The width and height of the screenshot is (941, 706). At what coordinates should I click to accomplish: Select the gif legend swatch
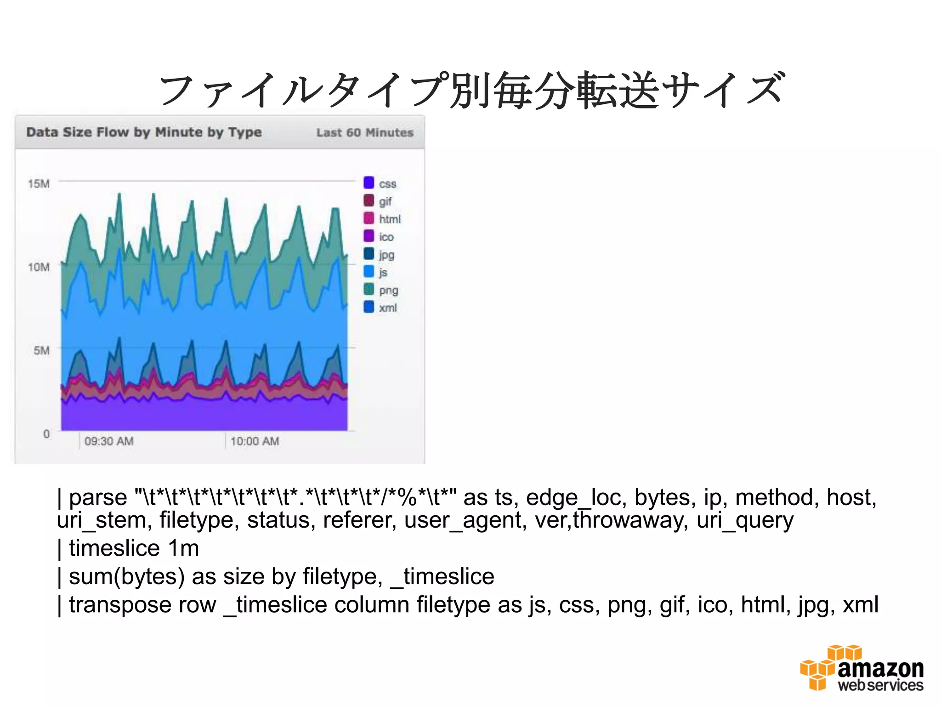pyautogui.click(x=368, y=201)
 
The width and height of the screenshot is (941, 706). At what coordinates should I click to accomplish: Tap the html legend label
pyautogui.click(x=390, y=219)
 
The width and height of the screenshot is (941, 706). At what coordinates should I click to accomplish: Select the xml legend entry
pyautogui.click(x=380, y=307)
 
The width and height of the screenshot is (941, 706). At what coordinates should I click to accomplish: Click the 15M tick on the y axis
pyautogui.click(x=39, y=184)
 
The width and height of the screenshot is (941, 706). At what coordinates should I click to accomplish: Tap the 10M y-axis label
pyautogui.click(x=39, y=267)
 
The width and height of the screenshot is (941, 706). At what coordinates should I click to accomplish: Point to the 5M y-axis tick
pyautogui.click(x=41, y=350)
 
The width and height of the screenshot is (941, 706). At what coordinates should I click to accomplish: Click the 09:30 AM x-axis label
pyautogui.click(x=109, y=441)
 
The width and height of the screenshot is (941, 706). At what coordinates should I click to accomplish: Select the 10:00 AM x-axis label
pyautogui.click(x=255, y=441)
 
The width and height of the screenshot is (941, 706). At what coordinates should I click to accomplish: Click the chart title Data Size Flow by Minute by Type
pyautogui.click(x=144, y=132)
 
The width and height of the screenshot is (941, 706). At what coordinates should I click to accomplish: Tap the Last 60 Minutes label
pyautogui.click(x=365, y=133)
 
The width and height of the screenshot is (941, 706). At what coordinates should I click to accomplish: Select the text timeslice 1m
pyautogui.click(x=133, y=548)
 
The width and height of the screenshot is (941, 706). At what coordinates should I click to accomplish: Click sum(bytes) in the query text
pyautogui.click(x=127, y=576)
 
